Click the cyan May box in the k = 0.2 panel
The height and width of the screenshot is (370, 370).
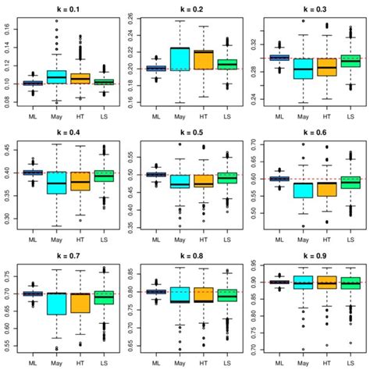click(x=180, y=59)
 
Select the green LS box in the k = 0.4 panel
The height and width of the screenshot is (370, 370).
click(x=104, y=176)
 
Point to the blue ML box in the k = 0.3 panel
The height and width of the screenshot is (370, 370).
click(x=279, y=58)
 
